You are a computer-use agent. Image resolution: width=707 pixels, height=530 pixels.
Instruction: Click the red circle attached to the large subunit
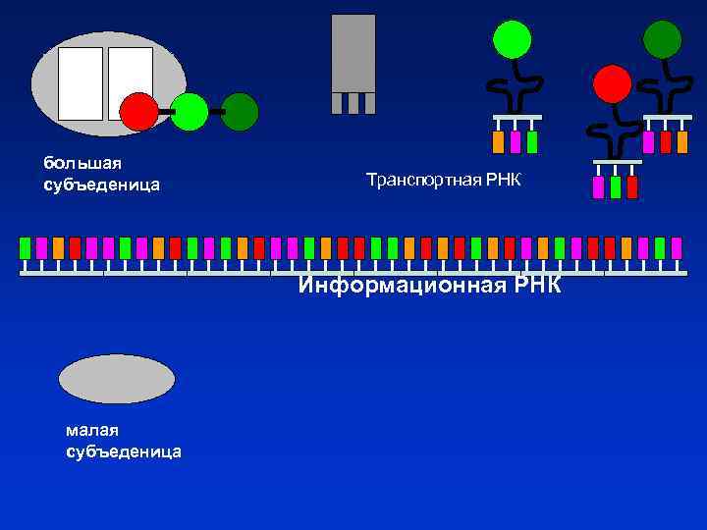pos(139,112)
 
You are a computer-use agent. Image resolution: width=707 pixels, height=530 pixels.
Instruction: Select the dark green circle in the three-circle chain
pos(240,112)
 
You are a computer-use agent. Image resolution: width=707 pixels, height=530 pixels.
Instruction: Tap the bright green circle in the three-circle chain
pos(190,112)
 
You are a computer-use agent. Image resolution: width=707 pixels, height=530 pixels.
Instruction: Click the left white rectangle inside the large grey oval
pos(81,83)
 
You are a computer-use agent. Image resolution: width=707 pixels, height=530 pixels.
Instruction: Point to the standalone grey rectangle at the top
pos(353,53)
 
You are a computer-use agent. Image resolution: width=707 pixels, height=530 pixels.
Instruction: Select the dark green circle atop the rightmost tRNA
pos(663,39)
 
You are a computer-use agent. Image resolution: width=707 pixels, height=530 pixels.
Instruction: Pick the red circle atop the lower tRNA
pos(613,83)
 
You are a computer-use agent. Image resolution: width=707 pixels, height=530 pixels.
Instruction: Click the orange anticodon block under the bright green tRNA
pos(498,142)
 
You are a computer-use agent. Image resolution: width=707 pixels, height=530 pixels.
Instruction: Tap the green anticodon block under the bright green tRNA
pos(532,142)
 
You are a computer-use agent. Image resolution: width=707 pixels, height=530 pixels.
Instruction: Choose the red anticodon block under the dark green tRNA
pos(666,142)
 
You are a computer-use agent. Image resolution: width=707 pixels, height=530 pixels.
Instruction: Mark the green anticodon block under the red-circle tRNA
pos(616,186)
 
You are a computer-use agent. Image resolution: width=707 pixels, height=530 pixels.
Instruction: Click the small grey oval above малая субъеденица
pos(117,379)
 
